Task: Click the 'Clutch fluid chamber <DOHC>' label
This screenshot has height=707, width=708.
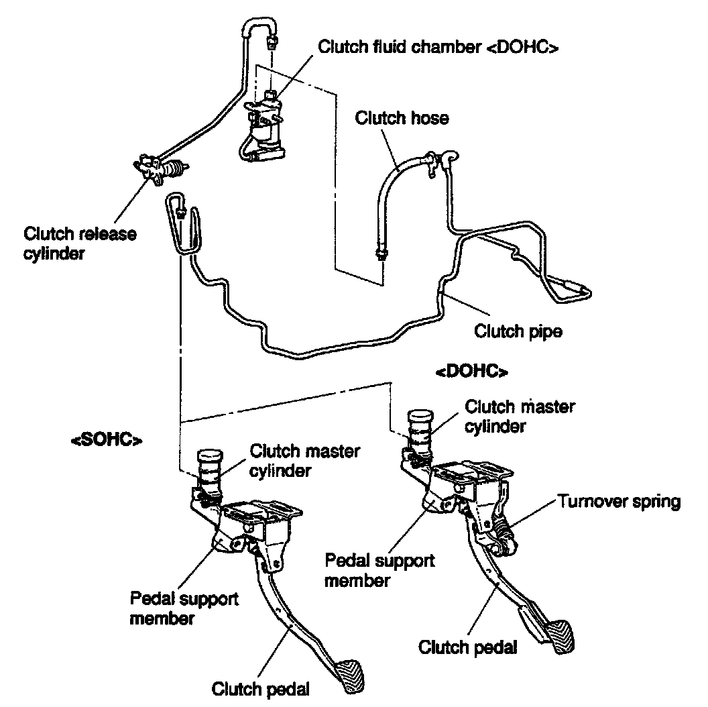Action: [x=438, y=47]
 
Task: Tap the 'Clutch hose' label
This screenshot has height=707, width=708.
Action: [x=402, y=118]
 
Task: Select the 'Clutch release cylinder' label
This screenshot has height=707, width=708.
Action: [x=80, y=243]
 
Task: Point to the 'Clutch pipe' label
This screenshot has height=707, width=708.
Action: [x=518, y=331]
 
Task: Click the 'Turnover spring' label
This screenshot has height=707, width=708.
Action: [x=619, y=501]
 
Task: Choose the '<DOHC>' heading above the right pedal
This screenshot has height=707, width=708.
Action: [x=471, y=371]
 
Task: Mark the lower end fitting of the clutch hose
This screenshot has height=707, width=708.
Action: [x=382, y=254]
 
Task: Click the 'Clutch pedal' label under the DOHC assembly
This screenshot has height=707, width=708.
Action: [x=467, y=647]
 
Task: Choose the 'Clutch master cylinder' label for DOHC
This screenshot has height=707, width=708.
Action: [x=520, y=416]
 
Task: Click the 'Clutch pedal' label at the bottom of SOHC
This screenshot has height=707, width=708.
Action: [x=261, y=689]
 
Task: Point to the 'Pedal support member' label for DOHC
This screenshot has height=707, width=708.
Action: [x=379, y=569]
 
